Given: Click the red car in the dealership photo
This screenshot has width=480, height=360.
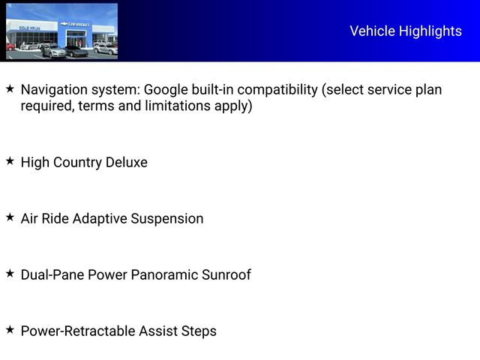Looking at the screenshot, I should [x=10, y=46].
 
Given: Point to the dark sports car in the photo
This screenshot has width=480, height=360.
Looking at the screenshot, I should [x=76, y=51].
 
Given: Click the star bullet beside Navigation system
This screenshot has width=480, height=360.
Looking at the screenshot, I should [x=10, y=89].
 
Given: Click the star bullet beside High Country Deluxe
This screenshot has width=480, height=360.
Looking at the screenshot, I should [x=10, y=161].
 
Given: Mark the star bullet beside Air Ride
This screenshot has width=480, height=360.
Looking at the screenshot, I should [x=10, y=217].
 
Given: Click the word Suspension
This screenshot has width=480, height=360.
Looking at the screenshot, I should [x=167, y=218].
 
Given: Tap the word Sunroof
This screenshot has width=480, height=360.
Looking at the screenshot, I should [x=226, y=274].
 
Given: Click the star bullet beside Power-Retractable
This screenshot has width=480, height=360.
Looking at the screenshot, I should [x=10, y=330].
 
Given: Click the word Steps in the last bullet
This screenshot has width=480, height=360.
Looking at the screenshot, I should [x=199, y=331].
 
